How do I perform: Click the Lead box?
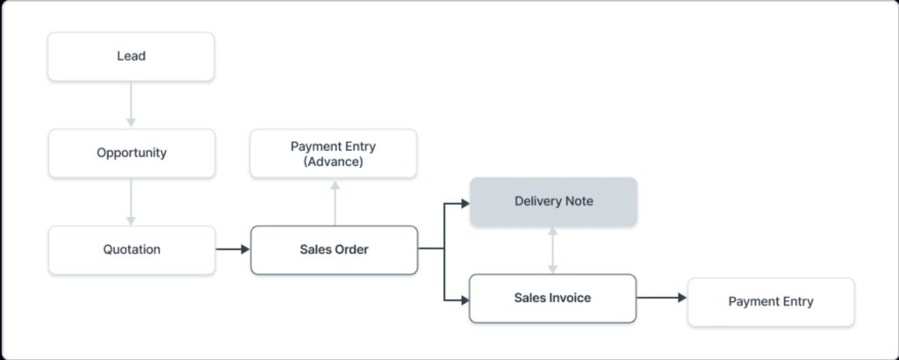[x=132, y=56]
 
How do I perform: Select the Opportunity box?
[x=132, y=153]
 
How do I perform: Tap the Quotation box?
[x=132, y=250]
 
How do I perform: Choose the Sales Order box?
[x=334, y=250]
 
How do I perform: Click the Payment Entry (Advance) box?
[x=333, y=154]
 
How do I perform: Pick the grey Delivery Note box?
[x=553, y=202]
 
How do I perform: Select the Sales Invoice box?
[x=553, y=298]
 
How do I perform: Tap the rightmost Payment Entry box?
[x=771, y=302]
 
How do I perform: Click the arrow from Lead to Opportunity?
[x=131, y=104]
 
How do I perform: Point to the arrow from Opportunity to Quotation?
[x=131, y=201]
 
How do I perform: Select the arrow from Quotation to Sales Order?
[x=233, y=249]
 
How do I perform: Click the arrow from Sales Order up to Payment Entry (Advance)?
[x=334, y=203]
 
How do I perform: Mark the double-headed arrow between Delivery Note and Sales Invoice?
[x=553, y=250]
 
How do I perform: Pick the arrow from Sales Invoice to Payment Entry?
[x=662, y=298]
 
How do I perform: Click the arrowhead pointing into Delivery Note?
[x=465, y=203]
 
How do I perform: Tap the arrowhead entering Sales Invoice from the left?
[x=465, y=299]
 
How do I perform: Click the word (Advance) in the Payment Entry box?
[x=333, y=162]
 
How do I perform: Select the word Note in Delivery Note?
[x=579, y=202]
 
